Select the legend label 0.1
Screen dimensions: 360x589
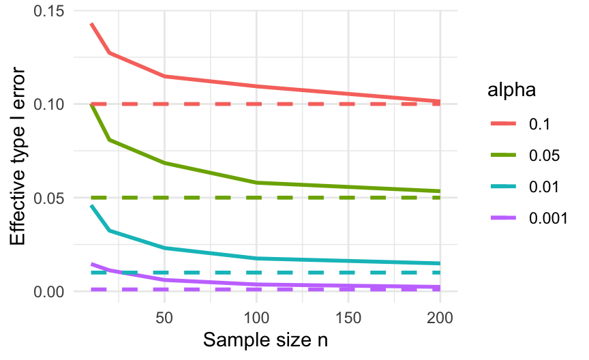click(x=539, y=124)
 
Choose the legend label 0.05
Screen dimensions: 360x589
click(x=543, y=155)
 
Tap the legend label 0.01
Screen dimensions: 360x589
click(x=543, y=187)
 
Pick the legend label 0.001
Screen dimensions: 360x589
click(x=547, y=218)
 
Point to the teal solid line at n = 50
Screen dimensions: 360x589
click(x=164, y=247)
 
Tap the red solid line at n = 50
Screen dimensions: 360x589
click(x=164, y=76)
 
